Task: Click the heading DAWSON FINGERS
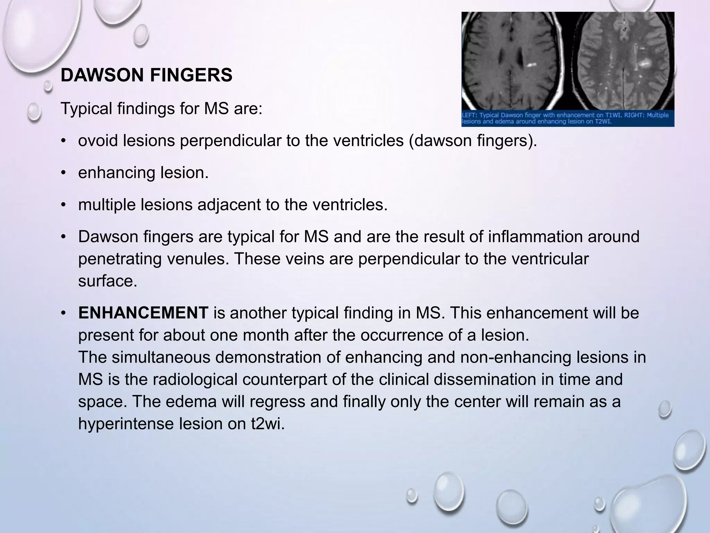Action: point(146,75)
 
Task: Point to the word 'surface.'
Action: point(108,281)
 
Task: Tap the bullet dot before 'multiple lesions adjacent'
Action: point(63,205)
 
